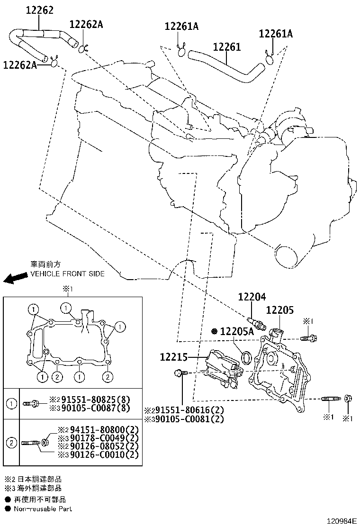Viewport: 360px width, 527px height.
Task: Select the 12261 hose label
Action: point(227,47)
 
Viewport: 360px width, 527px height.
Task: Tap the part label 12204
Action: point(252,297)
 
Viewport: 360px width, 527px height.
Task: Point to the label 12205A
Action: point(237,331)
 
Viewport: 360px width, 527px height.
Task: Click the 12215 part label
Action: point(174,357)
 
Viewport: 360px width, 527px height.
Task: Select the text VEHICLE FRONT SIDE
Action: point(67,273)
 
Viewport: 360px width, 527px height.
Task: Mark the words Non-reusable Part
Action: point(43,509)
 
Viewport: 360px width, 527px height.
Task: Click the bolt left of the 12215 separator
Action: point(180,373)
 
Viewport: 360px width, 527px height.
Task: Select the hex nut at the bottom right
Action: point(348,398)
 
